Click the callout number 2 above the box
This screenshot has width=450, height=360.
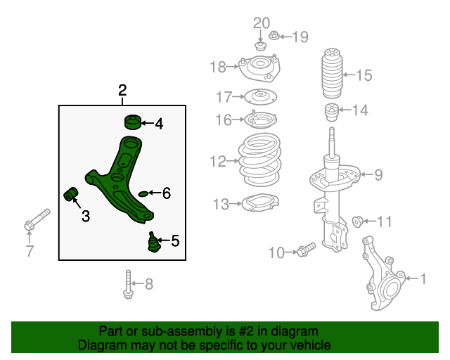point(122,91)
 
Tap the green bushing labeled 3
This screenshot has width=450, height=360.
point(70,193)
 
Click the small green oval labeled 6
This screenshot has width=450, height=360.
point(143,193)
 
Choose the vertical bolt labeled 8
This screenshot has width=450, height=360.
point(127,283)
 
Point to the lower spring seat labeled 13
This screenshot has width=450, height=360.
point(259,205)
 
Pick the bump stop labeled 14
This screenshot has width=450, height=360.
point(330,112)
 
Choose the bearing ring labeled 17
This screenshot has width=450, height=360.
point(260,97)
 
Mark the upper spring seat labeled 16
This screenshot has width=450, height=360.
point(262,120)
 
